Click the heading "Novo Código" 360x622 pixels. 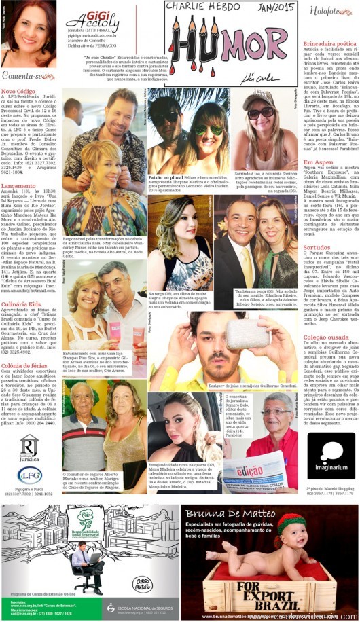(x=18, y=90)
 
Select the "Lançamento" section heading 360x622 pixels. (x=18, y=185)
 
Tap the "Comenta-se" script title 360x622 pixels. (x=27, y=76)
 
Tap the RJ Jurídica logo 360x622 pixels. (x=29, y=448)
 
